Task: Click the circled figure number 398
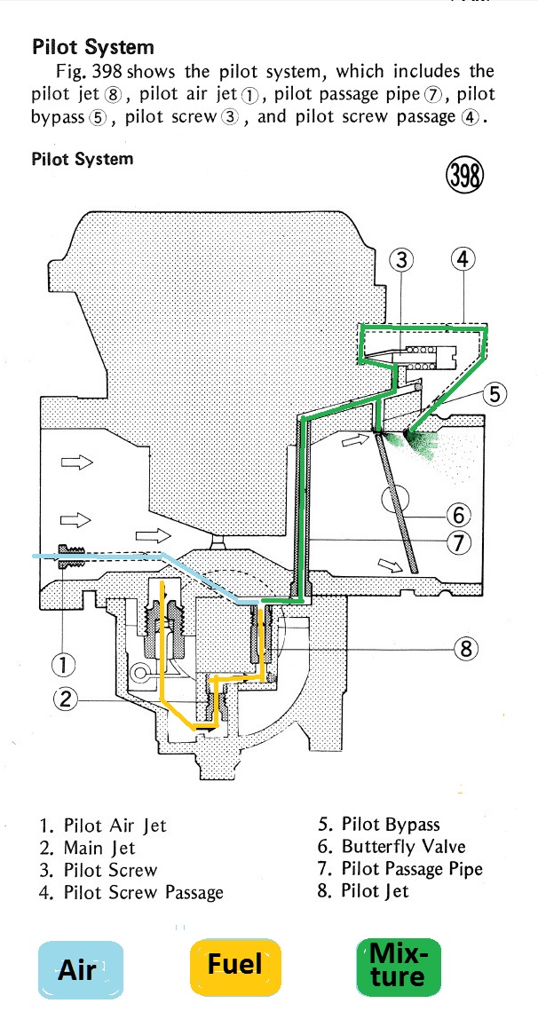464,176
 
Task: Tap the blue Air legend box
77,969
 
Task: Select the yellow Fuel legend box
235,964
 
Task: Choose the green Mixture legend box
398,967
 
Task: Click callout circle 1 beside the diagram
64,663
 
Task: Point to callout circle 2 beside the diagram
64,699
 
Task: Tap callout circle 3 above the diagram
402,259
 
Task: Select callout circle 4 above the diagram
463,259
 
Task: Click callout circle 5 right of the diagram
494,394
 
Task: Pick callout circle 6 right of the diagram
459,514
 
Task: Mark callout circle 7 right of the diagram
459,542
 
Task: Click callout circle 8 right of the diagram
466,649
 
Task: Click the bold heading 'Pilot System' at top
92,47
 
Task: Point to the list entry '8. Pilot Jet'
362,890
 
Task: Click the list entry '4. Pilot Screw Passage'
131,892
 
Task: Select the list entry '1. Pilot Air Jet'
102,826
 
